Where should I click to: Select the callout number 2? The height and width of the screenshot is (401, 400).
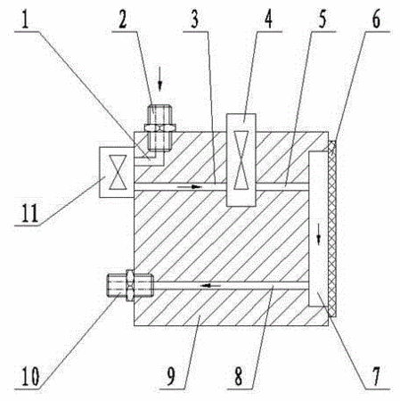(x=123, y=20)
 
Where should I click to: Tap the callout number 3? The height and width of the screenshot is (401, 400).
(x=194, y=20)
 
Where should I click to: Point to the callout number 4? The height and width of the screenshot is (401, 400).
(x=268, y=20)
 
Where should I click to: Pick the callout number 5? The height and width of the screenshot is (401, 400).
(x=322, y=20)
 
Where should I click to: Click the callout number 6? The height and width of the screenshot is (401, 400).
(x=376, y=20)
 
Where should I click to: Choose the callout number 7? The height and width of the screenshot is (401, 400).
(x=376, y=376)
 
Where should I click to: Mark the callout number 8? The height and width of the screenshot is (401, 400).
(x=238, y=376)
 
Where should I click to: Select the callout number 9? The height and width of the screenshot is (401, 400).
(x=170, y=376)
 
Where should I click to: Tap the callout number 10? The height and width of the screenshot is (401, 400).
(x=30, y=377)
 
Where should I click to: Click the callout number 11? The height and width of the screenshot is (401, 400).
(x=29, y=213)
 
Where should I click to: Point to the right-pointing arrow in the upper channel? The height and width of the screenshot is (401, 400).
(x=190, y=187)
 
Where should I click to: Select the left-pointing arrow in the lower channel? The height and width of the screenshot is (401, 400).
(x=210, y=286)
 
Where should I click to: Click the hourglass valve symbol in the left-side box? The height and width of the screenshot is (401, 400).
(x=118, y=172)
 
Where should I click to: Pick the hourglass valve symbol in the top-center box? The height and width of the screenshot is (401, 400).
(x=241, y=160)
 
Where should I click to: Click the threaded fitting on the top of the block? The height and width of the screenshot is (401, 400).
(x=159, y=127)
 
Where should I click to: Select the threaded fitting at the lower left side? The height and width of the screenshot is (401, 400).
(x=130, y=285)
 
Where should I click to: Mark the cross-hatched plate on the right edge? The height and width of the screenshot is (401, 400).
(x=332, y=229)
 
